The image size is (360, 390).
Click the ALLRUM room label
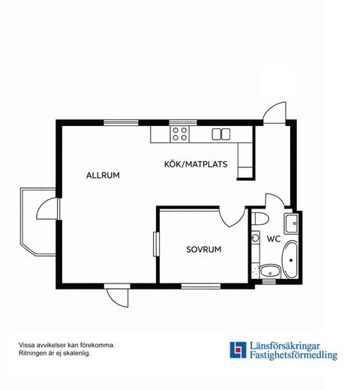pos(103,175)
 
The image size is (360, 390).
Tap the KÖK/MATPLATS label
pos(196,164)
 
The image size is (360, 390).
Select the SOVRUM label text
pos(204,250)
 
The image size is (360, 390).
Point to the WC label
pos(274,238)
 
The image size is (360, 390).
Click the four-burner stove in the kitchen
pos(180,134)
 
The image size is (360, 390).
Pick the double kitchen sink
pos(221,134)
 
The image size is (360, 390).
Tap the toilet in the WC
pos(259,219)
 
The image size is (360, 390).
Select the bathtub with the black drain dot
pos(289,259)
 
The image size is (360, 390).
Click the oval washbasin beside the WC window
pos(270,271)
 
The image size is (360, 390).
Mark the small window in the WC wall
pos(269,282)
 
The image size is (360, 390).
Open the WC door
pos(274,200)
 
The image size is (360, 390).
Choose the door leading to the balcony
pos(48,208)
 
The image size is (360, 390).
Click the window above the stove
pos(183,123)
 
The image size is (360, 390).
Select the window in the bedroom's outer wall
pos(201,286)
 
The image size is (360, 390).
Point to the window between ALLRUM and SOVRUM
pos(157,244)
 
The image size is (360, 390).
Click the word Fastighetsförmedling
pos(294,355)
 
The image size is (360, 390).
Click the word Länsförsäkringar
pos(285,346)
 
